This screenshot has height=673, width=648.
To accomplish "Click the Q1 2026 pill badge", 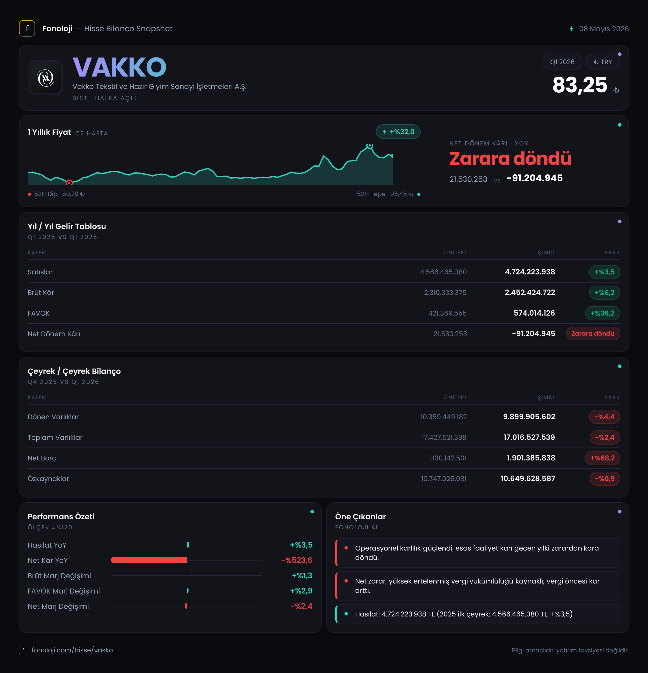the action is pos(562,62).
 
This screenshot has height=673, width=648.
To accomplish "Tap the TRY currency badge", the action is pos(603,62).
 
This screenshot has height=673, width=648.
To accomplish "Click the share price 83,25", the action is pos(580,85).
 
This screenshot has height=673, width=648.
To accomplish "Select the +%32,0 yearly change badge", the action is pos(398,132).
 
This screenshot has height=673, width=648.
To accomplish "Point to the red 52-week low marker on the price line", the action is pos(69,183).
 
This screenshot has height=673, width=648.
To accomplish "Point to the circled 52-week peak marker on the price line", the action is pos(369,146).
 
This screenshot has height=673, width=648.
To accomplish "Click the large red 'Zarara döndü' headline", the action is pos(510,159).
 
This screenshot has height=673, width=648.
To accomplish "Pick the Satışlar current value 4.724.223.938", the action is pos(530,272).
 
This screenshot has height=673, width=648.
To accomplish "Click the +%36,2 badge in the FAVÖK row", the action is pos(602,313).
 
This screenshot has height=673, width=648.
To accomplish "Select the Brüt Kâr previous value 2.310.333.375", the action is pos(445,293).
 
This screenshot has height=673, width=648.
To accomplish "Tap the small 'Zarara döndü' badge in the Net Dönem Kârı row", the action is pos(593,334).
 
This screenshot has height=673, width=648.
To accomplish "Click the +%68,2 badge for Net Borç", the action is pos(602,458).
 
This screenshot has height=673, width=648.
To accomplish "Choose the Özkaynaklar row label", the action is pos(48,479).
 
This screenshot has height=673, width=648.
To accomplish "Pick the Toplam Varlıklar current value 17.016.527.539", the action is pos(529,437).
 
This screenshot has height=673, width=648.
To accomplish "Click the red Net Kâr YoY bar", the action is pos(149,560).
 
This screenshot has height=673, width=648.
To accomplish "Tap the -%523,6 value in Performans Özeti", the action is pos(297,560).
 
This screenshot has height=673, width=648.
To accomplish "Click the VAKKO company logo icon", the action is pos(45,78).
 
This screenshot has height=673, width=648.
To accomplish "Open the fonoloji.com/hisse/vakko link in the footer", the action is pos(72,650).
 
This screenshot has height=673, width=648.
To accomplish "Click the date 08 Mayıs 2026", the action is pos(604,29).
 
